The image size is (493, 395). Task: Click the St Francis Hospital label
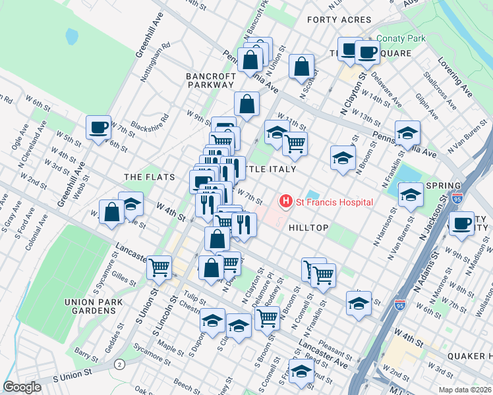335,202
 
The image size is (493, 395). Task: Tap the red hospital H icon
286,201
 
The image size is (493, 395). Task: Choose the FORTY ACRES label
335,20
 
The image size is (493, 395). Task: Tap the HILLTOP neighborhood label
308,227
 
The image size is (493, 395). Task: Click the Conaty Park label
401,38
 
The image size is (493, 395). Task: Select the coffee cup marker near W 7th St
98,127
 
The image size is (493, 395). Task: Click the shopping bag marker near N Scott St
301,66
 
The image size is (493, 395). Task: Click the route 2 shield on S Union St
119,364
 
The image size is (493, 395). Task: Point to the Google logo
22,387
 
